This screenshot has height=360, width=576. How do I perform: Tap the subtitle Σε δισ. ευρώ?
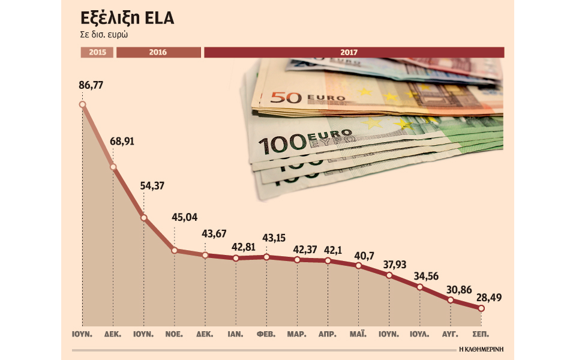[106, 34]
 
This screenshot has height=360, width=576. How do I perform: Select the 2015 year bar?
[97, 52]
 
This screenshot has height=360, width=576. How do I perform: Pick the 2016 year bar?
[158, 52]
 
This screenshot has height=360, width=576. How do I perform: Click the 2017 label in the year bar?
[349, 52]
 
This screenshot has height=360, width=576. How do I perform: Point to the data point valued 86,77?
[82, 104]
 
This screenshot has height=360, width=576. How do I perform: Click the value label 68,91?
[122, 142]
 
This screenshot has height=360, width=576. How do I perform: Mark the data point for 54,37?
[144, 217]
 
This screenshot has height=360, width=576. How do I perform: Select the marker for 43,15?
[267, 257]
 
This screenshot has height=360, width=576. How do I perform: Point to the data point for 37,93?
[389, 275]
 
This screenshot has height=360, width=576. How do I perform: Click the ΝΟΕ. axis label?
[175, 332]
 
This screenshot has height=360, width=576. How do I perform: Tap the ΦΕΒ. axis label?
[266, 332]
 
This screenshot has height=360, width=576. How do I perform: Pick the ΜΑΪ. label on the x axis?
[358, 332]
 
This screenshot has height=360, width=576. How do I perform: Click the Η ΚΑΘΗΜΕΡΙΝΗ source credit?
[481, 349]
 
